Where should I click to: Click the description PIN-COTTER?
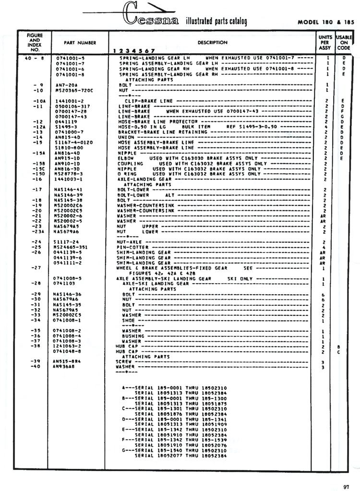130,247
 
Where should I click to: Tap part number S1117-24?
64,242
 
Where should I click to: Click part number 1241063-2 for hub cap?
67,346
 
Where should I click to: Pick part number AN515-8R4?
66,361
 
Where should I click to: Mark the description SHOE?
127,320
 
